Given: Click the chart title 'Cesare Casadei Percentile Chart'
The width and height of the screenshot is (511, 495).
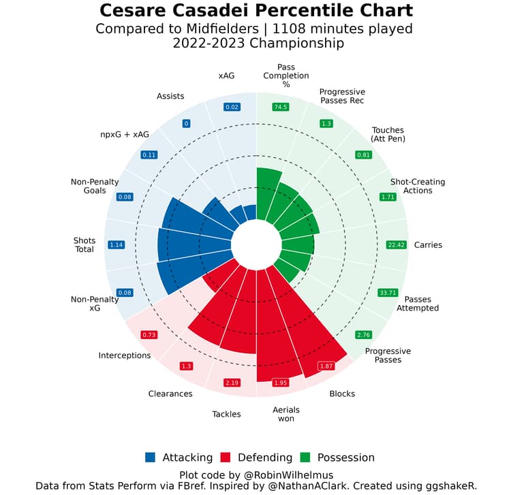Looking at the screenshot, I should pos(255,12).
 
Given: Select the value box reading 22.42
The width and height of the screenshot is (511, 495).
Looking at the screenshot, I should pos(396,244).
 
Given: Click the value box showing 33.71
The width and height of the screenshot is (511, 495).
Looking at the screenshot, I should pos(387,293).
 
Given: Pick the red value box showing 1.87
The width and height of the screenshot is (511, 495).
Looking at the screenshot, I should pos(326,366).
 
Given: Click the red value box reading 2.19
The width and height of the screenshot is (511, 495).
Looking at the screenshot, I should pos(233,383).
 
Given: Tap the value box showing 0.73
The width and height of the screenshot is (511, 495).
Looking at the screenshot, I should pos(149,335).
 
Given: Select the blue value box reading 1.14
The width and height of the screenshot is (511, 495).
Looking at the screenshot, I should pos(116,244).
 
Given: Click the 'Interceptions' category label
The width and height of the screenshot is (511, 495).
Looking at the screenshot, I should pos(125,355).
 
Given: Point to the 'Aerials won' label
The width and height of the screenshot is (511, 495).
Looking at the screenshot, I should pos(286,414).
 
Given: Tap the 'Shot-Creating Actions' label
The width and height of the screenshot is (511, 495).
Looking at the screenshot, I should pos(418,186).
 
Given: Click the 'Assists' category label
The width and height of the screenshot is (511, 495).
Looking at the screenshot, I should pos(170,96).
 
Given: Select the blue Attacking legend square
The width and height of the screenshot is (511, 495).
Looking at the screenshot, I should pos(151,458).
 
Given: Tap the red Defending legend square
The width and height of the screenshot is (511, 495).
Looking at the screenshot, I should pos(226,458).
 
